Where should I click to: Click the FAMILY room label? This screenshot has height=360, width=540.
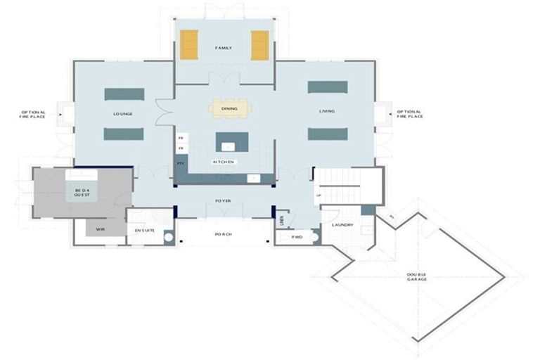[224, 48]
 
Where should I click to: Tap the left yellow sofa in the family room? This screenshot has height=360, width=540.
[188, 45]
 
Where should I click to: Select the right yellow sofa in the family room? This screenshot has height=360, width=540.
[259, 45]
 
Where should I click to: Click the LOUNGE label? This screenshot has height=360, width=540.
[124, 113]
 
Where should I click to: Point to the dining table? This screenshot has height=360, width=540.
[229, 108]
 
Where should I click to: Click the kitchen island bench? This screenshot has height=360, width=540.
[228, 143]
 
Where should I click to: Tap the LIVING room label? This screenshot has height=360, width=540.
[327, 111]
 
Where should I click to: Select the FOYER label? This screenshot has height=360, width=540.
[224, 201]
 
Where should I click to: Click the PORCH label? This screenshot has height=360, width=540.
[224, 234]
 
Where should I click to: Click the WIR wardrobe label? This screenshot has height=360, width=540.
[101, 229]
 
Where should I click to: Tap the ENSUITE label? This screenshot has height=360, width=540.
[145, 229]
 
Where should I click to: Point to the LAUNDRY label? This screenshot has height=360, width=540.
[342, 225]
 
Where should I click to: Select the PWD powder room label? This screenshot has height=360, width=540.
[297, 238]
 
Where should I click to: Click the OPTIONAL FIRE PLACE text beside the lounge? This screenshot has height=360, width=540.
[33, 114]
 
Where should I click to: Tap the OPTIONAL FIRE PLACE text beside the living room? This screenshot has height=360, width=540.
[409, 114]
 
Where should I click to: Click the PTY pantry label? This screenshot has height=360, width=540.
[181, 163]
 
